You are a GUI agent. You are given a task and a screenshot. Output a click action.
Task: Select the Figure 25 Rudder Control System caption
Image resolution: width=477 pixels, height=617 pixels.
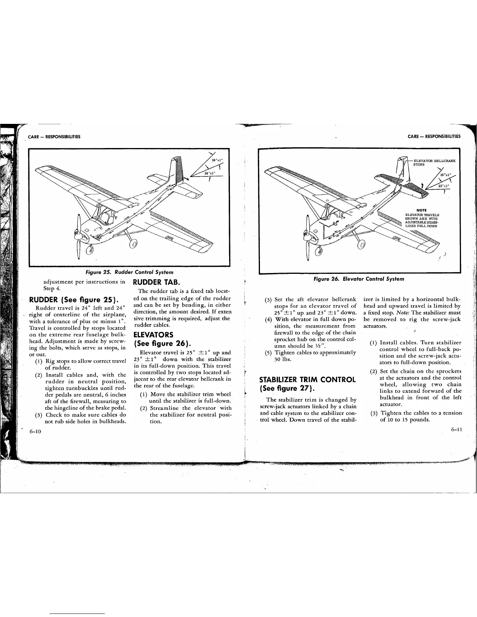point(127,272)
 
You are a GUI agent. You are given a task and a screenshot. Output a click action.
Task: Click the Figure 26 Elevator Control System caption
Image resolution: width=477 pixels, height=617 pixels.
point(360,279)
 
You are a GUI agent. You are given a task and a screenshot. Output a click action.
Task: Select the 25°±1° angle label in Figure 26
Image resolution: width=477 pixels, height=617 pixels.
point(445,175)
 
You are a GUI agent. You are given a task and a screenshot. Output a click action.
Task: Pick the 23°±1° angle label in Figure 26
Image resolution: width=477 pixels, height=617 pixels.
point(443,186)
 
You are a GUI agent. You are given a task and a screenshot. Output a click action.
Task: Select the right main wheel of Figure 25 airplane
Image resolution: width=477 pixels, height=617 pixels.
point(133,244)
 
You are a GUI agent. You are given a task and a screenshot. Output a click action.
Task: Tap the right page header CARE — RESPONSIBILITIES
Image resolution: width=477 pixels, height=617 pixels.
point(434,136)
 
